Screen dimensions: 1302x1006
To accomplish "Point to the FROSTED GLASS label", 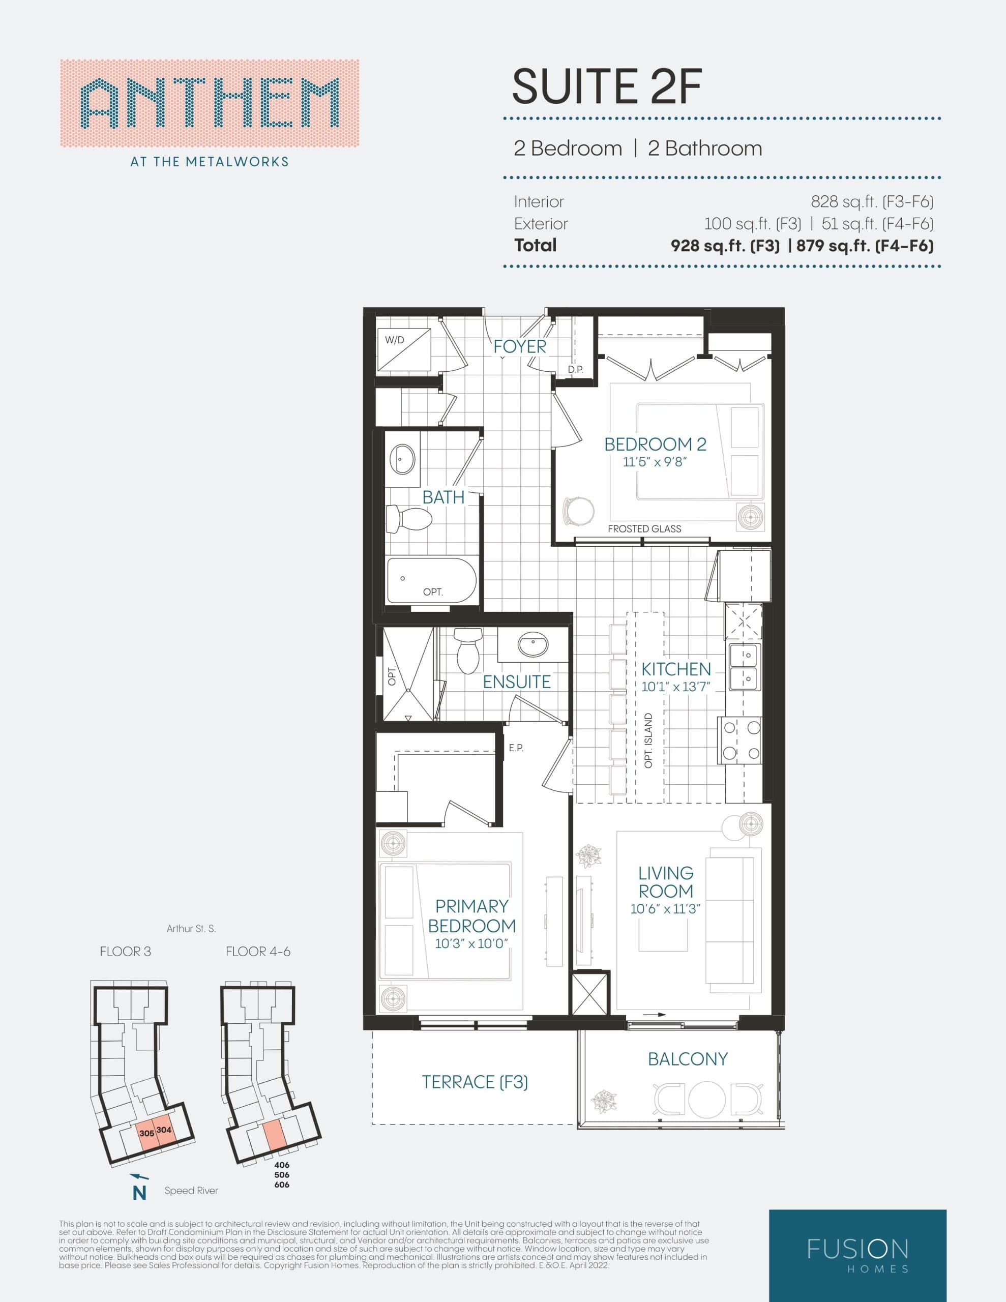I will click(644, 529).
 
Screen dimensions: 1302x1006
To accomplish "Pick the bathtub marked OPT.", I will click(431, 580).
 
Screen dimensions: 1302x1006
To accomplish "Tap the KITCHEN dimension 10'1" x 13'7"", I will click(675, 687).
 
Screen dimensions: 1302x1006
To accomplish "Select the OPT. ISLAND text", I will click(649, 741).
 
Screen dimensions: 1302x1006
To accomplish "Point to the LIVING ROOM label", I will click(666, 882).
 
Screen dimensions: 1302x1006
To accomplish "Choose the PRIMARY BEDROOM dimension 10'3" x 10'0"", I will click(471, 944).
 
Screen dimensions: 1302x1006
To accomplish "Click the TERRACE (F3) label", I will click(475, 1082).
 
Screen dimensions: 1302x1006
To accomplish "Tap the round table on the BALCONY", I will click(707, 1098).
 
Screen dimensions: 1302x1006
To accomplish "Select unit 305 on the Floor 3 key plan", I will click(146, 1133).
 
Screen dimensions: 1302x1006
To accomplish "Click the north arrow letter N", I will click(139, 1193).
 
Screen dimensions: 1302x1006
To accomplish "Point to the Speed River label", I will click(191, 1191).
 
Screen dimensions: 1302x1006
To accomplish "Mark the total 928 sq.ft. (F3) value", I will click(725, 246).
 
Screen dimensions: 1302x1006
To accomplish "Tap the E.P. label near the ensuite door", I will click(516, 748).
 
